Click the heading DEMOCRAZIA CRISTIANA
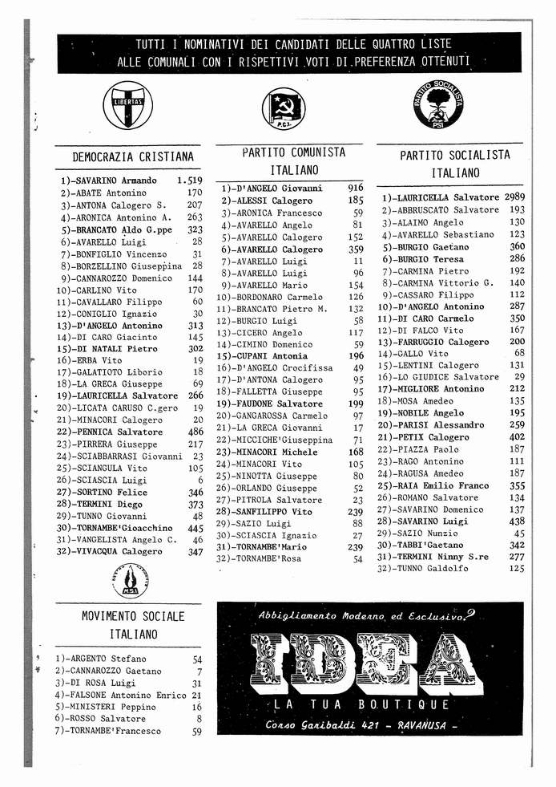coord(133,156)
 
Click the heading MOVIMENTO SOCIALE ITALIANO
coord(134,625)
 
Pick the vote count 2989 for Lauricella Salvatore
coord(514,197)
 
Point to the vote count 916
coord(356,188)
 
